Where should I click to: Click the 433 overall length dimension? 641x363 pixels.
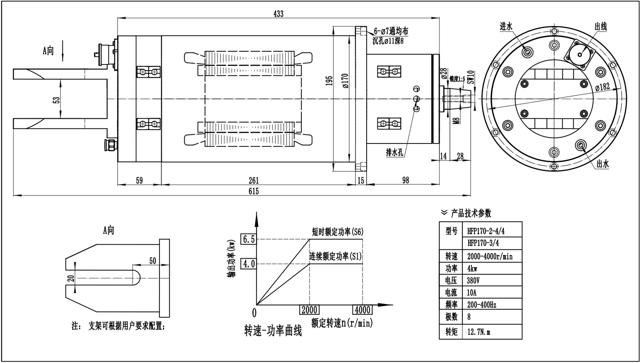click(x=278, y=14)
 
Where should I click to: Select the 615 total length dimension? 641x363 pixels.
click(x=253, y=191)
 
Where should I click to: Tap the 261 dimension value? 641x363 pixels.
click(x=253, y=180)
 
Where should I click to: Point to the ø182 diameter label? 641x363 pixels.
click(x=602, y=87)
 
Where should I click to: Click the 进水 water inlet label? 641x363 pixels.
click(x=506, y=26)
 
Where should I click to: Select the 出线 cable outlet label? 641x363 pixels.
click(x=600, y=26)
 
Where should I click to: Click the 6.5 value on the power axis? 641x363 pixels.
click(x=249, y=239)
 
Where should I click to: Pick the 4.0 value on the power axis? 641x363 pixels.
click(x=249, y=264)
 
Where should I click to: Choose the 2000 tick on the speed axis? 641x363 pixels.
click(x=310, y=310)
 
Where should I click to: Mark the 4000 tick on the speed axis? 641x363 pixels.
click(x=362, y=310)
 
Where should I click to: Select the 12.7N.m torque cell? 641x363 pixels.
click(x=479, y=332)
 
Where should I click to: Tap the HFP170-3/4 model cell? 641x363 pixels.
click(x=483, y=243)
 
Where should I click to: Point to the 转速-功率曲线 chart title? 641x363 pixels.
click(x=273, y=331)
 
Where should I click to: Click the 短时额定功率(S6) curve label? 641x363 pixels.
click(x=338, y=232)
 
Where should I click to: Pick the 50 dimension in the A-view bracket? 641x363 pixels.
click(x=153, y=261)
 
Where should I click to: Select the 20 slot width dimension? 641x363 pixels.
click(x=71, y=278)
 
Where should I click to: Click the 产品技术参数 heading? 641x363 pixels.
click(x=471, y=213)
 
